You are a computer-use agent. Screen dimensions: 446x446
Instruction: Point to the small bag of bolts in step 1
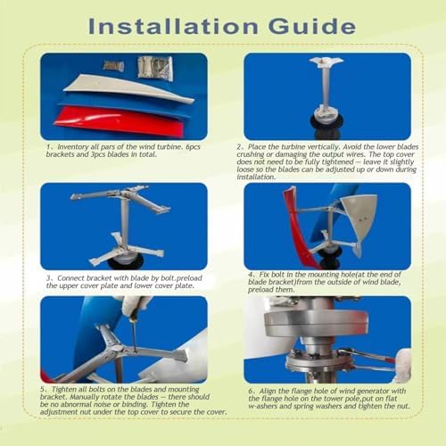112,65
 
